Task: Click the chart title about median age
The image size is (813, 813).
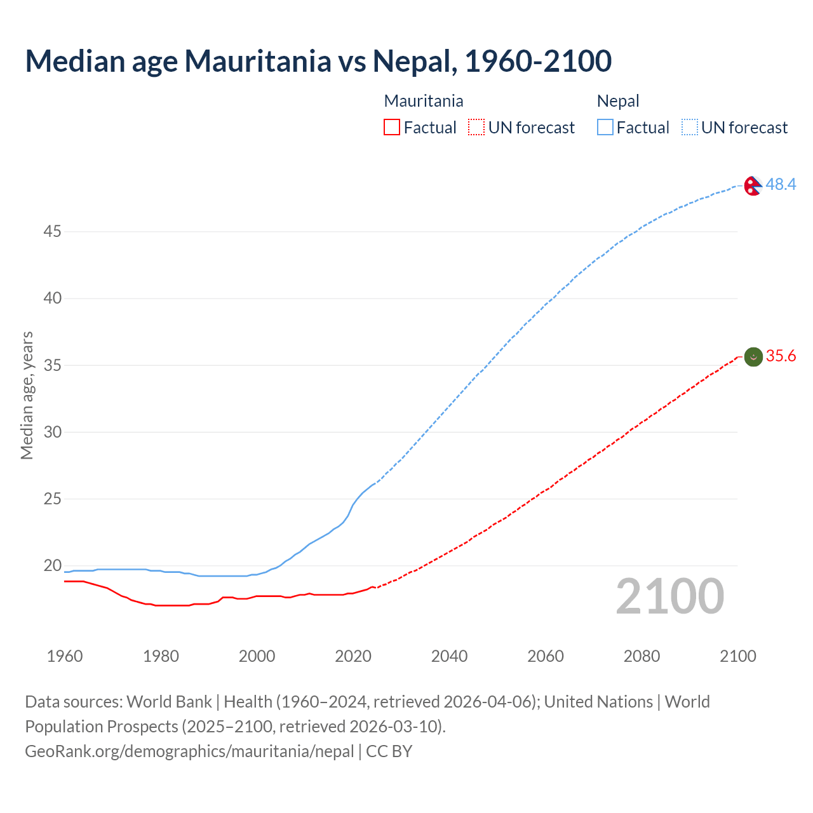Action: click(318, 61)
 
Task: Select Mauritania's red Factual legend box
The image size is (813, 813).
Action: click(392, 128)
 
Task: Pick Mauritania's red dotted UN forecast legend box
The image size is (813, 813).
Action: click(476, 128)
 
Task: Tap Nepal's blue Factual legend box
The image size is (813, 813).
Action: click(605, 128)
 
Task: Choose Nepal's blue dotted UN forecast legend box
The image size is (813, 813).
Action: click(690, 128)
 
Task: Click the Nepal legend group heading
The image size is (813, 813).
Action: click(618, 101)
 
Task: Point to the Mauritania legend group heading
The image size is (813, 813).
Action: click(424, 101)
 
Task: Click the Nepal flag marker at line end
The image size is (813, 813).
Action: click(753, 185)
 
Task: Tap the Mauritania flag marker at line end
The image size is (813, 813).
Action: click(753, 357)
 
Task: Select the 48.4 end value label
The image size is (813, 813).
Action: click(781, 184)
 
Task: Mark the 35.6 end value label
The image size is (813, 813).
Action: click(781, 356)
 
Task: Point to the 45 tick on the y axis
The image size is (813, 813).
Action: click(52, 232)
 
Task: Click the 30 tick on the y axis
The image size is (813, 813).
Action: click(52, 432)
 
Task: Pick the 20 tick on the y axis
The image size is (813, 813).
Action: click(52, 565)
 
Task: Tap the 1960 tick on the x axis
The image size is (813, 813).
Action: click(65, 656)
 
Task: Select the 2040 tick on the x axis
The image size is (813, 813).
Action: click(449, 656)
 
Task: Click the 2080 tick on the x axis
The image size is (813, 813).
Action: click(642, 656)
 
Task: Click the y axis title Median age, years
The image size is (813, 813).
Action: click(27, 395)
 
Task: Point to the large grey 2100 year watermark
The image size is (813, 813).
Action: click(670, 596)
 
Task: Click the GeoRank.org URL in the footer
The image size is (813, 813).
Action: click(189, 751)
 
